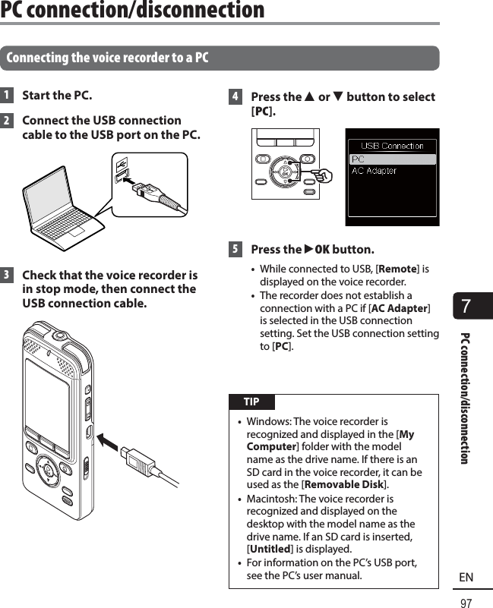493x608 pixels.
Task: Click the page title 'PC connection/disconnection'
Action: pyautogui.click(x=133, y=11)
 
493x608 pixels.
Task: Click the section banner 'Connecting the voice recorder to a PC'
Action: pyautogui.click(x=107, y=58)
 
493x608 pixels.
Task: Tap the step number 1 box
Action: pyautogui.click(x=7, y=96)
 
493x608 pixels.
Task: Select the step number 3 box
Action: pyautogui.click(x=7, y=275)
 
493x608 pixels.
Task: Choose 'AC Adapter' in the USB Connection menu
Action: pyautogui.click(x=374, y=172)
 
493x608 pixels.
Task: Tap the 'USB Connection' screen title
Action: pyautogui.click(x=392, y=146)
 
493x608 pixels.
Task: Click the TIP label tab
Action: pyautogui.click(x=251, y=402)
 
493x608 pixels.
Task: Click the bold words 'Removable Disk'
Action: pyautogui.click(x=344, y=485)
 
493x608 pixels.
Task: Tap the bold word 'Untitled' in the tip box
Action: pyautogui.click(x=269, y=549)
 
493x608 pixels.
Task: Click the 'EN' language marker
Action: pyautogui.click(x=466, y=578)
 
